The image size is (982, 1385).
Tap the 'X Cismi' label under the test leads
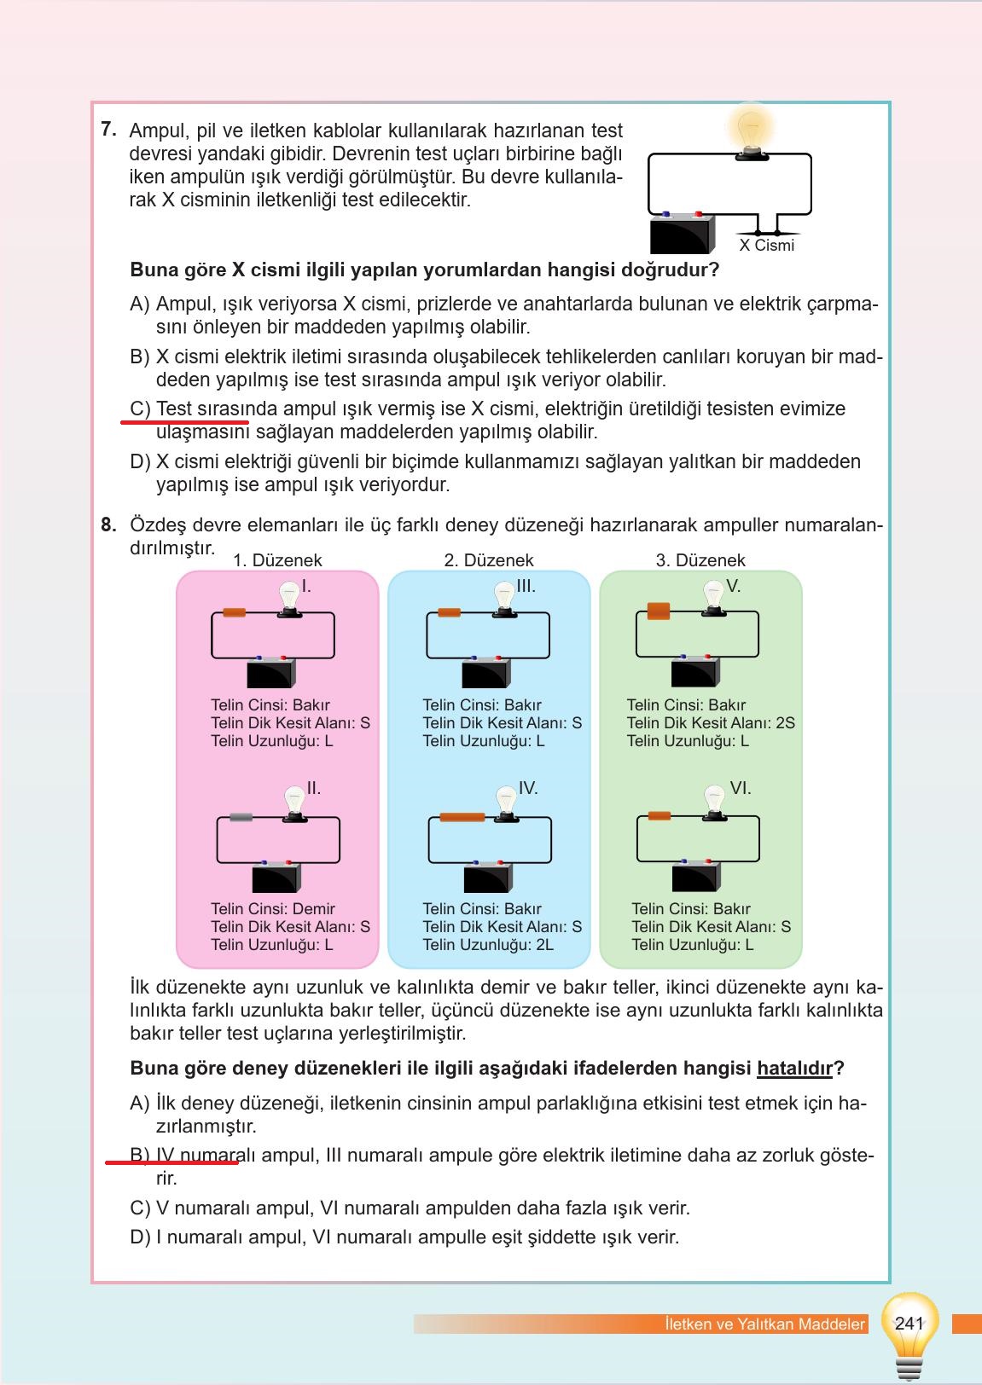pyautogui.click(x=766, y=246)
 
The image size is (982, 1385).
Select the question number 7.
pyautogui.click(x=108, y=130)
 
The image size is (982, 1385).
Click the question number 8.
pyautogui.click(x=108, y=524)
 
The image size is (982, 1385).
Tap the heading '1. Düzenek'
pyautogui.click(x=277, y=560)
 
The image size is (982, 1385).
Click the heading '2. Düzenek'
pyautogui.click(x=489, y=560)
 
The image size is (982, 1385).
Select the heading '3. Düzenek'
pyautogui.click(x=700, y=560)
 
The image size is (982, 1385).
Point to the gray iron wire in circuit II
pyautogui.click(x=241, y=818)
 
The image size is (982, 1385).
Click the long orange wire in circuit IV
pyautogui.click(x=462, y=818)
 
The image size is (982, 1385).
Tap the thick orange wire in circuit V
pyautogui.click(x=659, y=611)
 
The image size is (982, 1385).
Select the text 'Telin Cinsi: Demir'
pyautogui.click(x=273, y=909)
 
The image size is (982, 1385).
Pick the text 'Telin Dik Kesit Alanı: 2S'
pyautogui.click(x=711, y=723)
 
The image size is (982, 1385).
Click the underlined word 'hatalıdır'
pyautogui.click(x=794, y=1069)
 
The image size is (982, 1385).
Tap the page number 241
pyautogui.click(x=909, y=1324)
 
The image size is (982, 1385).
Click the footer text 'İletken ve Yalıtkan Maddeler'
pyautogui.click(x=764, y=1324)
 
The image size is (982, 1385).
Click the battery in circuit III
pyautogui.click(x=485, y=672)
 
